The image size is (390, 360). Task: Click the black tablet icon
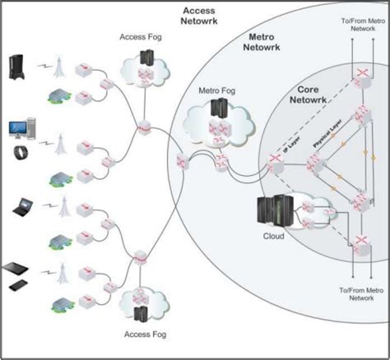[20, 268]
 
